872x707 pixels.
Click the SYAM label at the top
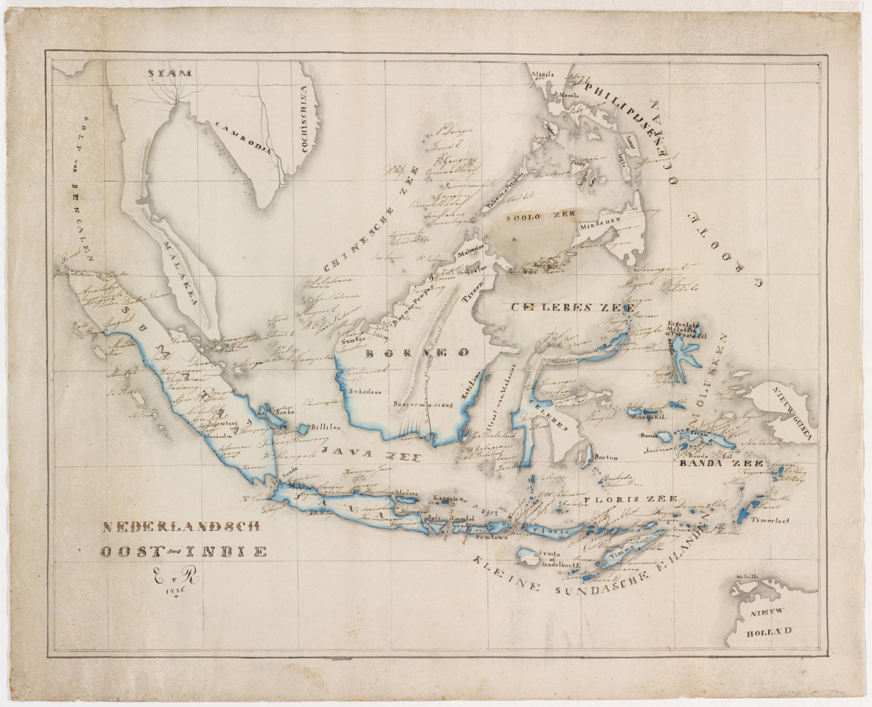coord(169,73)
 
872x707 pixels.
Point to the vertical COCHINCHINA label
coord(304,120)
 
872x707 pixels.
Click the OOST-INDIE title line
coord(183,552)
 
